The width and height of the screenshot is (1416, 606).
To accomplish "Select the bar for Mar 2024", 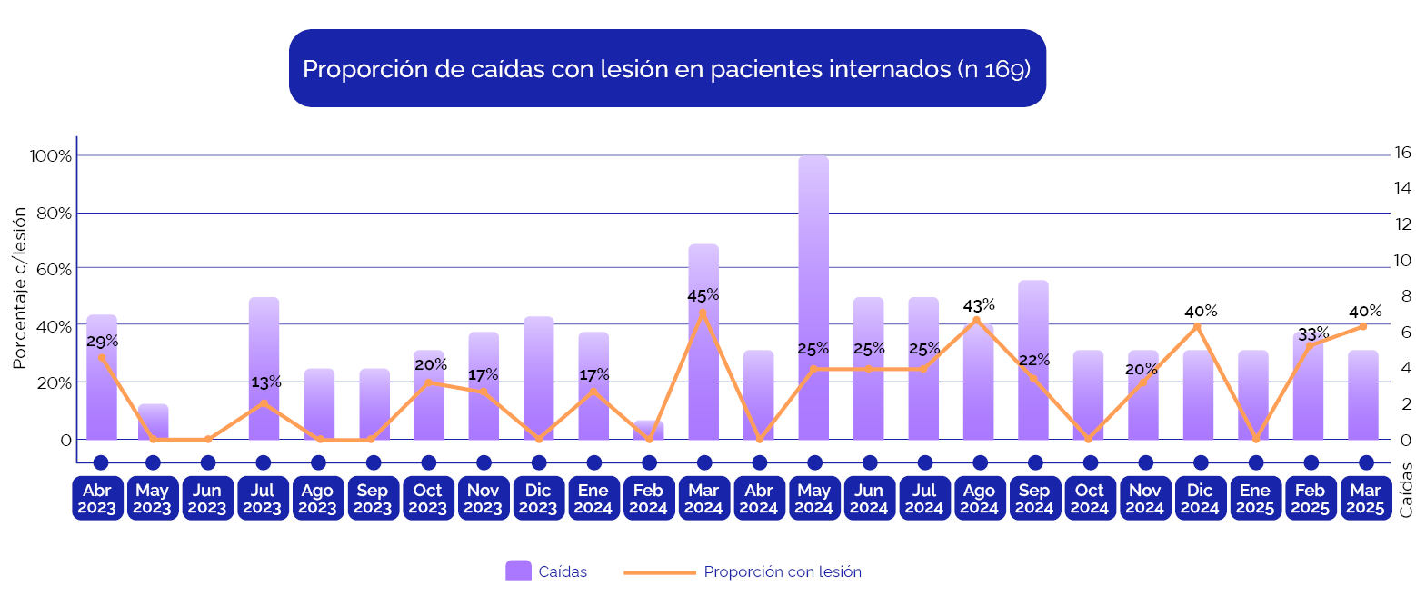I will pos(703,363).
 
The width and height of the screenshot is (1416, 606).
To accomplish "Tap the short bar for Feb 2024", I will pos(649,431).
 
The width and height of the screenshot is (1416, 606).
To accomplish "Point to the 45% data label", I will pos(703,295).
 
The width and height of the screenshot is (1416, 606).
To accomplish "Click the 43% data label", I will pos(979,305).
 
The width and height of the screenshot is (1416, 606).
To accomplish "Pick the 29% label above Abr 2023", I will pos(102,342).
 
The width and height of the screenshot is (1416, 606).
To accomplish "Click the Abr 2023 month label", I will pos(97,499).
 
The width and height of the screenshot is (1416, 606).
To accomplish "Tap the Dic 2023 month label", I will pos(539,499).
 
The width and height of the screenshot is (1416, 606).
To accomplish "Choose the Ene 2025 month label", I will pos(1255,499).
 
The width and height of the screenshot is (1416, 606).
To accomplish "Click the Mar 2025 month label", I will pos(1366,499).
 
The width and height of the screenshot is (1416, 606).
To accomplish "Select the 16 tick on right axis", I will pos(1402,153).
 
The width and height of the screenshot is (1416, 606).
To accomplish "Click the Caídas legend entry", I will pos(546,571).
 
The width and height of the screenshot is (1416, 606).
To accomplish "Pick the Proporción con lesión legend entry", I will pos(782,571).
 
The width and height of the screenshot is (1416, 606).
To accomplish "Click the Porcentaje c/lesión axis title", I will pos(19,287).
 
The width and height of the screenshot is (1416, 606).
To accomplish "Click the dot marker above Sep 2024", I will pos(1035,462).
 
